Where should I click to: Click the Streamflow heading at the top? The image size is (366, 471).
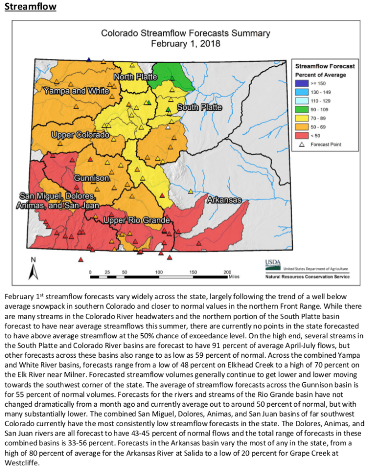(x=30, y=7)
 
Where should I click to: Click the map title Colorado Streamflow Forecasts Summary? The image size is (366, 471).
(x=185, y=33)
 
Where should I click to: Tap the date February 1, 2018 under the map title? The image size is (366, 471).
(x=185, y=44)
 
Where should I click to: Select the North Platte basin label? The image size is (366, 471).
(x=135, y=77)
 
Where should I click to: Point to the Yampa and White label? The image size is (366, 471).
(x=76, y=91)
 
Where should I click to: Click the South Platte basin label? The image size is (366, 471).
(x=199, y=108)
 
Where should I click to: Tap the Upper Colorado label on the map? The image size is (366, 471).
(x=81, y=135)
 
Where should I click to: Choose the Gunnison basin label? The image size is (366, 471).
(x=92, y=178)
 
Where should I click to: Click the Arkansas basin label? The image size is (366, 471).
(x=224, y=200)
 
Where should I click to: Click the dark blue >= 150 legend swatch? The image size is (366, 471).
(x=302, y=83)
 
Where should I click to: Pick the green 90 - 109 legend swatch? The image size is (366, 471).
(x=302, y=110)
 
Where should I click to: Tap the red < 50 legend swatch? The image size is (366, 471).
(x=302, y=136)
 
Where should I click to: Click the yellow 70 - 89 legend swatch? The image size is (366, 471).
(x=302, y=119)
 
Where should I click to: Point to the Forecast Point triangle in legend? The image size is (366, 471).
(x=302, y=145)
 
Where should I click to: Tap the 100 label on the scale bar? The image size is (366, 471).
(x=158, y=273)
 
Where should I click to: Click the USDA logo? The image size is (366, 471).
(x=272, y=264)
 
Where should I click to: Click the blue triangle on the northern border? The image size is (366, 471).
(x=89, y=60)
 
